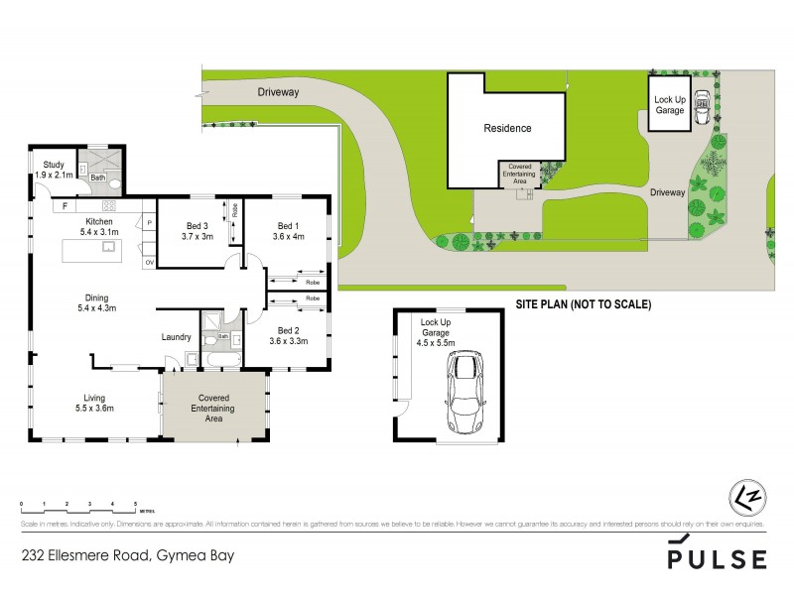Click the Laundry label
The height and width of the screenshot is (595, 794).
click(176, 337)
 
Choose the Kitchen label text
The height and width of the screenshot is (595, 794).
click(100, 221)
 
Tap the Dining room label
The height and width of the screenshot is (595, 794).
click(96, 297)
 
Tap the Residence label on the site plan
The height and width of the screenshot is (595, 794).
click(507, 128)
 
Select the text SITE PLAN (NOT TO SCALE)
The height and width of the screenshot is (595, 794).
click(583, 304)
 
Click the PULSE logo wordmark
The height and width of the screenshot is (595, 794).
click(717, 558)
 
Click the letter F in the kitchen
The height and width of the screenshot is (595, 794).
click(65, 207)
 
